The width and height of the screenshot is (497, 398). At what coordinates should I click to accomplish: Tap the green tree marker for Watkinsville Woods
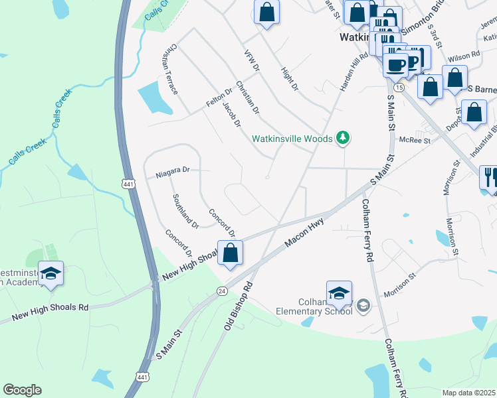coord(343,138)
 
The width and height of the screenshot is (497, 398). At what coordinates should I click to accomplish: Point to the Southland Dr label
coord(185,211)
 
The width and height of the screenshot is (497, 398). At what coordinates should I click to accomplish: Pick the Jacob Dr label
coord(231,115)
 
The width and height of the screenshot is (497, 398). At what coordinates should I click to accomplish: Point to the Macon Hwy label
coord(304,233)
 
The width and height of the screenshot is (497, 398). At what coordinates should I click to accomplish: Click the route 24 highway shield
coord(222,291)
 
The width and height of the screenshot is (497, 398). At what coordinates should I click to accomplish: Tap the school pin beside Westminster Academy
coord(50,273)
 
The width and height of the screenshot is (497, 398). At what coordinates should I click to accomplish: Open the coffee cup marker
coord(396,65)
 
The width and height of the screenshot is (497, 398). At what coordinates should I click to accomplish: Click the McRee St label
coord(415,141)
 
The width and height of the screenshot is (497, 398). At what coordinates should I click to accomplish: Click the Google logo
coord(22,390)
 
